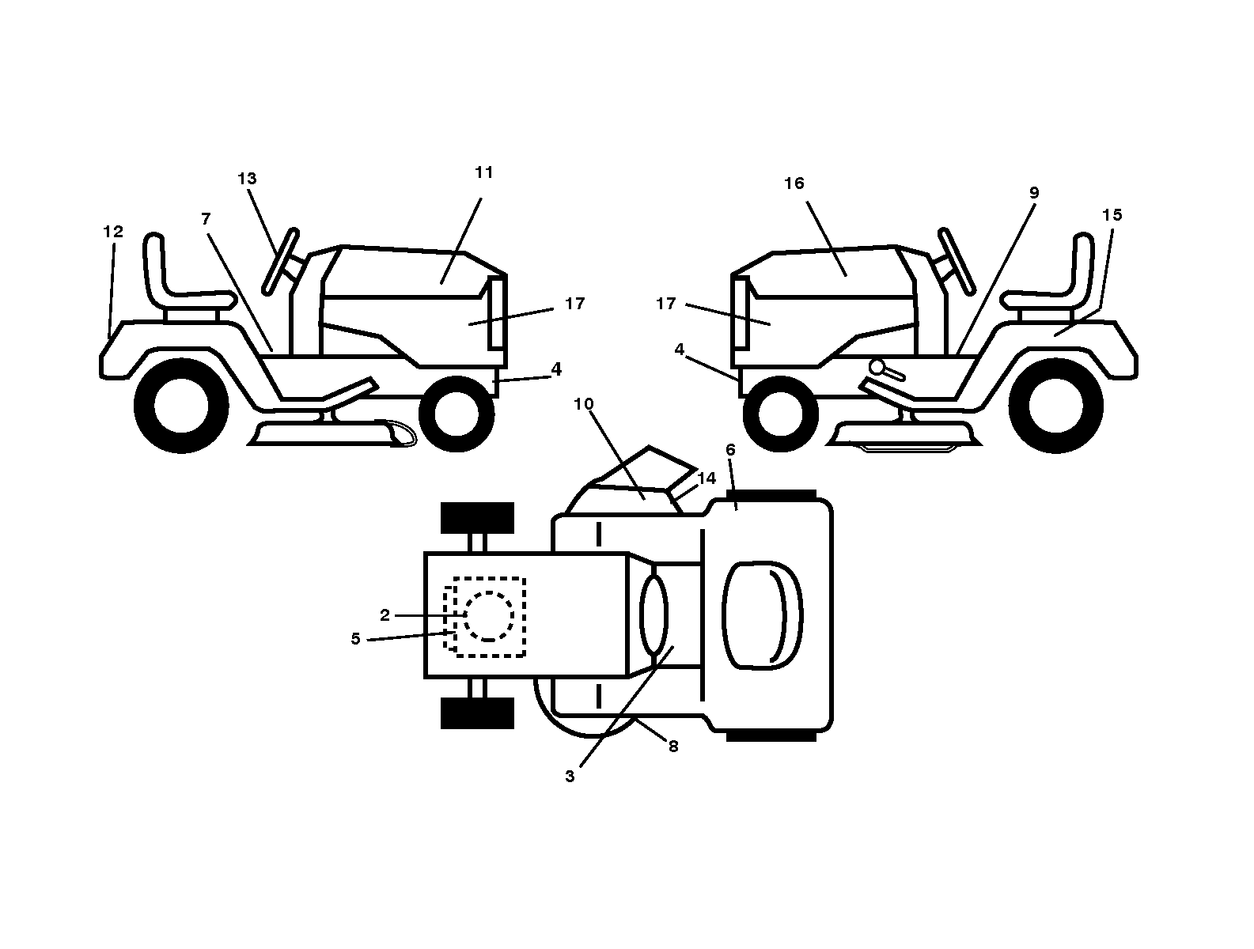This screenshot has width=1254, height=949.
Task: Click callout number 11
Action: [x=484, y=172]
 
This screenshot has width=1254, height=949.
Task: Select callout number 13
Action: [x=247, y=179]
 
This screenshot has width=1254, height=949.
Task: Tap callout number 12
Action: [x=113, y=231]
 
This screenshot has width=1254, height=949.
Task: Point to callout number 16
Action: [x=794, y=183]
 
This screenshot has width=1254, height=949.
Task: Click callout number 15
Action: [x=1112, y=214]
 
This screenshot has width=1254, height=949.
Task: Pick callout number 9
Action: [x=1034, y=193]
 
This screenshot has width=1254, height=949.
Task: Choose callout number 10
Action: [x=583, y=404]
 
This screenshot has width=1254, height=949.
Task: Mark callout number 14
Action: [x=707, y=478]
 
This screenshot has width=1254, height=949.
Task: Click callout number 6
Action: [x=730, y=449]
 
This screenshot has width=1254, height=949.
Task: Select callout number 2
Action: [x=385, y=615]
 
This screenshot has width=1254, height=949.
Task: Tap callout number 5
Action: [x=355, y=638]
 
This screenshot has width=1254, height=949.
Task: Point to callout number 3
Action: [x=570, y=776]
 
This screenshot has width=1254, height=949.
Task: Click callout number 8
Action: [x=673, y=746]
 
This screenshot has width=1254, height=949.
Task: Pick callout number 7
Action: [x=206, y=219]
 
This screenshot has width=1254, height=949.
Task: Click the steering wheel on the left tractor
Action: [x=281, y=262]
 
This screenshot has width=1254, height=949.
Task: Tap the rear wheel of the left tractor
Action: [x=181, y=406]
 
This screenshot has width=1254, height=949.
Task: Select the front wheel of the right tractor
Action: [x=780, y=414]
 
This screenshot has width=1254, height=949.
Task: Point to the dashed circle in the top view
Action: [x=488, y=616]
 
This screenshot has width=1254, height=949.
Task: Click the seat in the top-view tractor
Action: [x=762, y=615]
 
